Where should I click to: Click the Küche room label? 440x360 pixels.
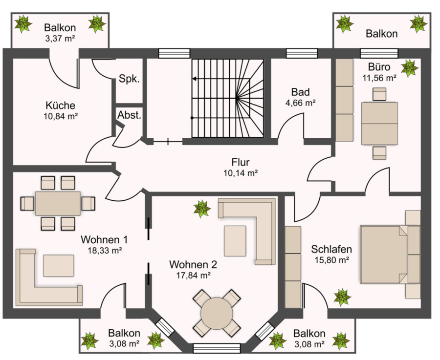pyautogui.click(x=60, y=106)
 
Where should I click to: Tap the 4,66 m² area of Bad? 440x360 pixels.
pyautogui.click(x=300, y=103)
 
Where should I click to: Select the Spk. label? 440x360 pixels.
pyautogui.click(x=129, y=79)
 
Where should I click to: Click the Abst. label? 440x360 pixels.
pyautogui.click(x=129, y=115)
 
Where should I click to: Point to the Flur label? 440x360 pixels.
pyautogui.click(x=241, y=162)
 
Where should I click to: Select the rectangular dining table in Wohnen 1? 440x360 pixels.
pyautogui.click(x=58, y=203)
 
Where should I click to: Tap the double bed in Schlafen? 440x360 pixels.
pyautogui.click(x=390, y=254)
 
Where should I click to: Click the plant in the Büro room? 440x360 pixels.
pyautogui.click(x=409, y=68)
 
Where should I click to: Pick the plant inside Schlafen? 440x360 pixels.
pyautogui.click(x=342, y=297)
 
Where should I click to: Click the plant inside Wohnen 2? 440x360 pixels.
pyautogui.click(x=202, y=209)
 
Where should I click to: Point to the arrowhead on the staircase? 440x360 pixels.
pyautogui.click(x=194, y=79)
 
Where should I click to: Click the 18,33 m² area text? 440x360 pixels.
pyautogui.click(x=105, y=251)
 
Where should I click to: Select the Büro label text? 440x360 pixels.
pyautogui.click(x=379, y=67)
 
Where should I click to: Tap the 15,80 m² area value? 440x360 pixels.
pyautogui.click(x=331, y=260)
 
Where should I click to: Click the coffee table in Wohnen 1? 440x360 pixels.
pyautogui.click(x=58, y=266)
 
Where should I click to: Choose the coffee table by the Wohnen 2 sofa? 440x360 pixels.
pyautogui.click(x=235, y=241)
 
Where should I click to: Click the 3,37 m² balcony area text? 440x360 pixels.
pyautogui.click(x=60, y=39)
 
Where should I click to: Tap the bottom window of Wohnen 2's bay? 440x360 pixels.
pyautogui.click(x=217, y=348)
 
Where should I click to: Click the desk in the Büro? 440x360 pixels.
pyautogui.click(x=379, y=124)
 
